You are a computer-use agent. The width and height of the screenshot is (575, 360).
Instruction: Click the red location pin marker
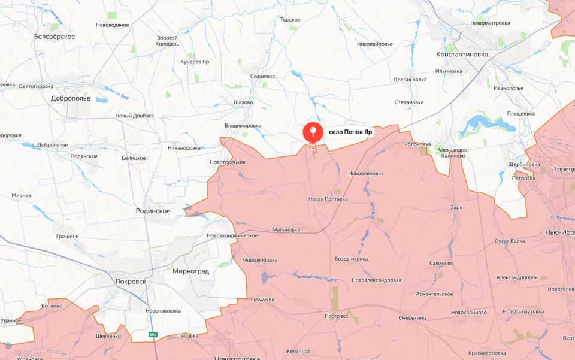313,132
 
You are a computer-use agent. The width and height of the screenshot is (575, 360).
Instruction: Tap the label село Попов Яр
350,132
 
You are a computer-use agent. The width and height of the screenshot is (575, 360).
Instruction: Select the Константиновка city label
462,54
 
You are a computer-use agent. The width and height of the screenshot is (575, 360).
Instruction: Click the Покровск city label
131,281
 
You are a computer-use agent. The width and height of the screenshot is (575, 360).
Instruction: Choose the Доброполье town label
71,98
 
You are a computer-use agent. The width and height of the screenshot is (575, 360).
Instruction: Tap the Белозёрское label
55,37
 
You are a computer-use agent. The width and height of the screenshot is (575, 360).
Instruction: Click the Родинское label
153,211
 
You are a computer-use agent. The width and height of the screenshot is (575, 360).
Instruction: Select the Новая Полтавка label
328,199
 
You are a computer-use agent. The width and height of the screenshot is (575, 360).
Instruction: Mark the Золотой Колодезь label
168,41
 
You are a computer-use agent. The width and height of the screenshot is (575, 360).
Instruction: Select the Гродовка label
262,298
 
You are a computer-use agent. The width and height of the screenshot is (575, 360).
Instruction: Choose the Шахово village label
243,102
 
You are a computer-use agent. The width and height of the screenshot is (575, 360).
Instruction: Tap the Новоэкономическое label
232,235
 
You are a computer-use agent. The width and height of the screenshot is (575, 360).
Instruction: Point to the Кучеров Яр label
195,62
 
